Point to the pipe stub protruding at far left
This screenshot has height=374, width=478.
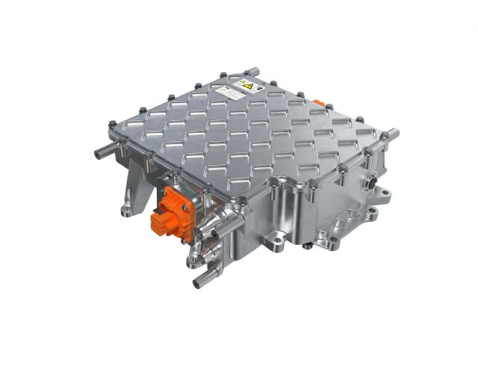point(104,154)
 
